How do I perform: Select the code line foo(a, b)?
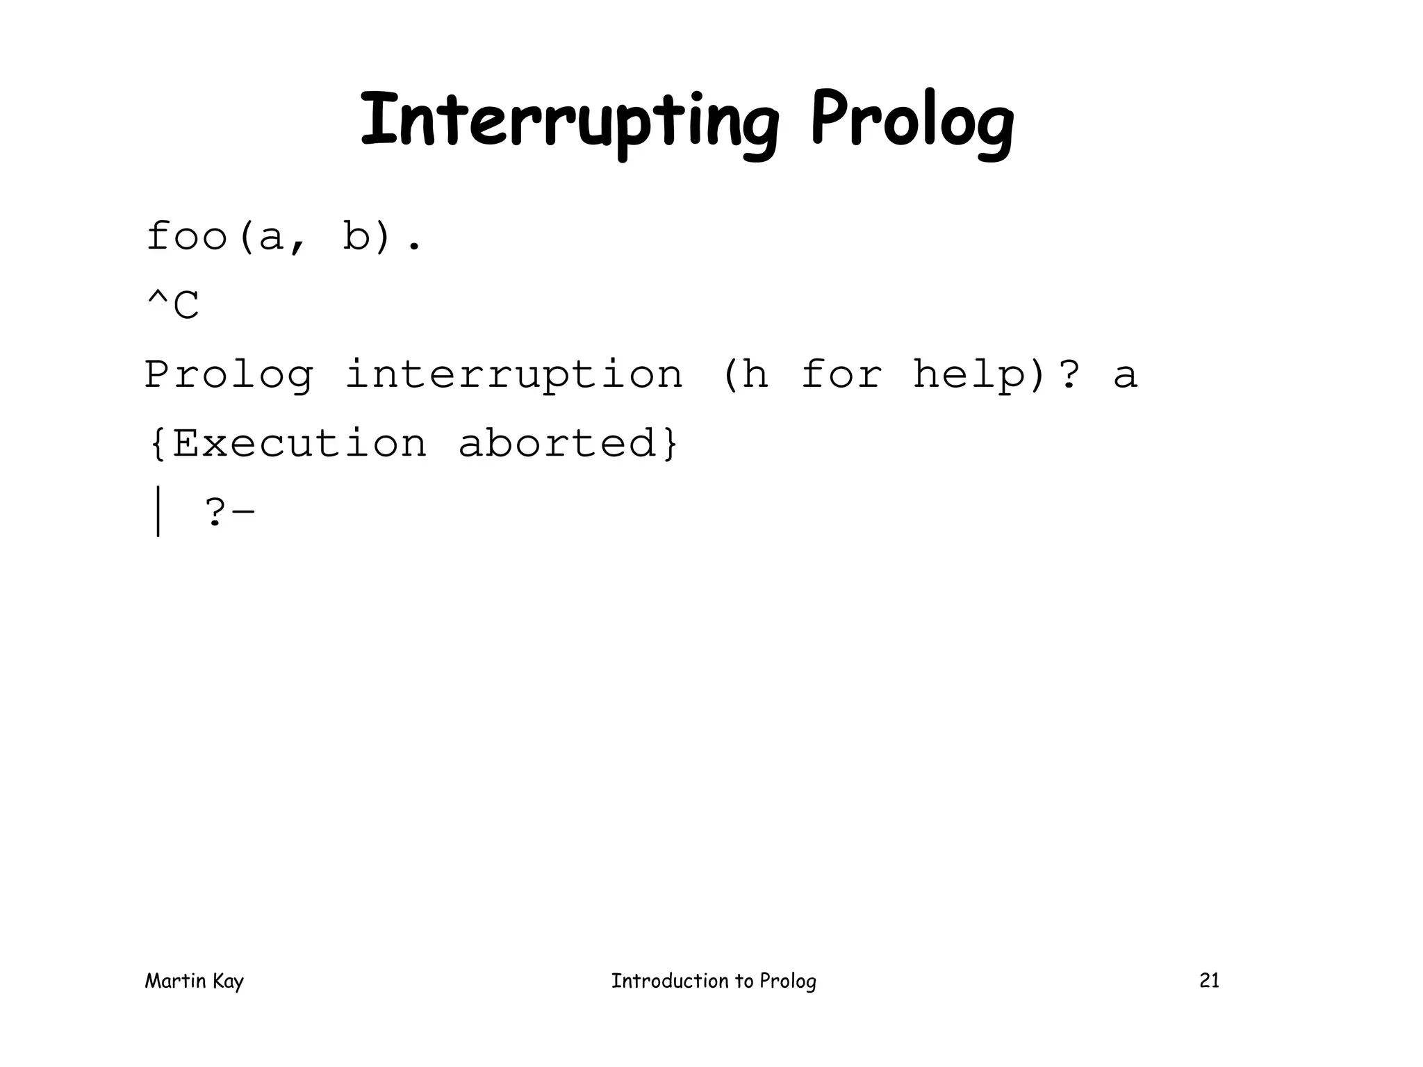click(x=283, y=238)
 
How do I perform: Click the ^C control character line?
click(x=173, y=306)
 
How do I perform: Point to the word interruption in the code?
click(x=514, y=375)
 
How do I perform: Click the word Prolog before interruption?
click(x=229, y=375)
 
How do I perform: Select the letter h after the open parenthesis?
click(x=755, y=375)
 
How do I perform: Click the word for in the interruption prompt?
click(x=841, y=375)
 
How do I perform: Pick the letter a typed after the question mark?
click(x=1125, y=375)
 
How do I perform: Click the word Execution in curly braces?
click(x=299, y=443)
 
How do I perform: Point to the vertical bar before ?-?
click(x=158, y=512)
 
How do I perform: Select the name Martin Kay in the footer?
click(x=194, y=981)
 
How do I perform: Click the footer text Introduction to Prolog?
click(x=714, y=981)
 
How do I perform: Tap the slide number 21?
click(x=1209, y=980)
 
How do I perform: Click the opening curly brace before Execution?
click(x=158, y=443)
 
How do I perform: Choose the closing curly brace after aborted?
click(x=670, y=443)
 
